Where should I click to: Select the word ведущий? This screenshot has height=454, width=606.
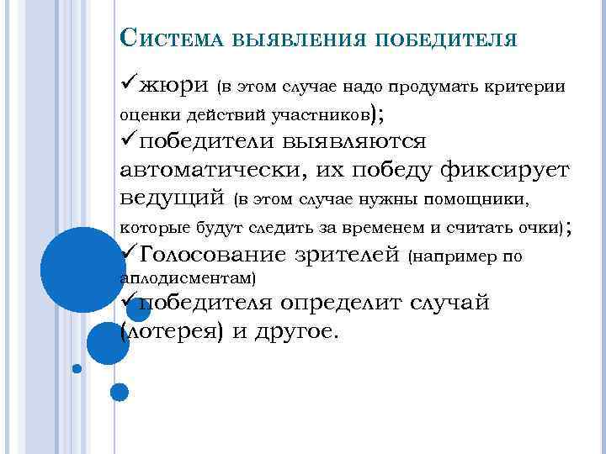[x=173, y=198]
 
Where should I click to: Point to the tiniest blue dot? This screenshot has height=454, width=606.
[x=77, y=368]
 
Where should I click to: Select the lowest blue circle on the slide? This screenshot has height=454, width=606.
[x=120, y=392]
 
